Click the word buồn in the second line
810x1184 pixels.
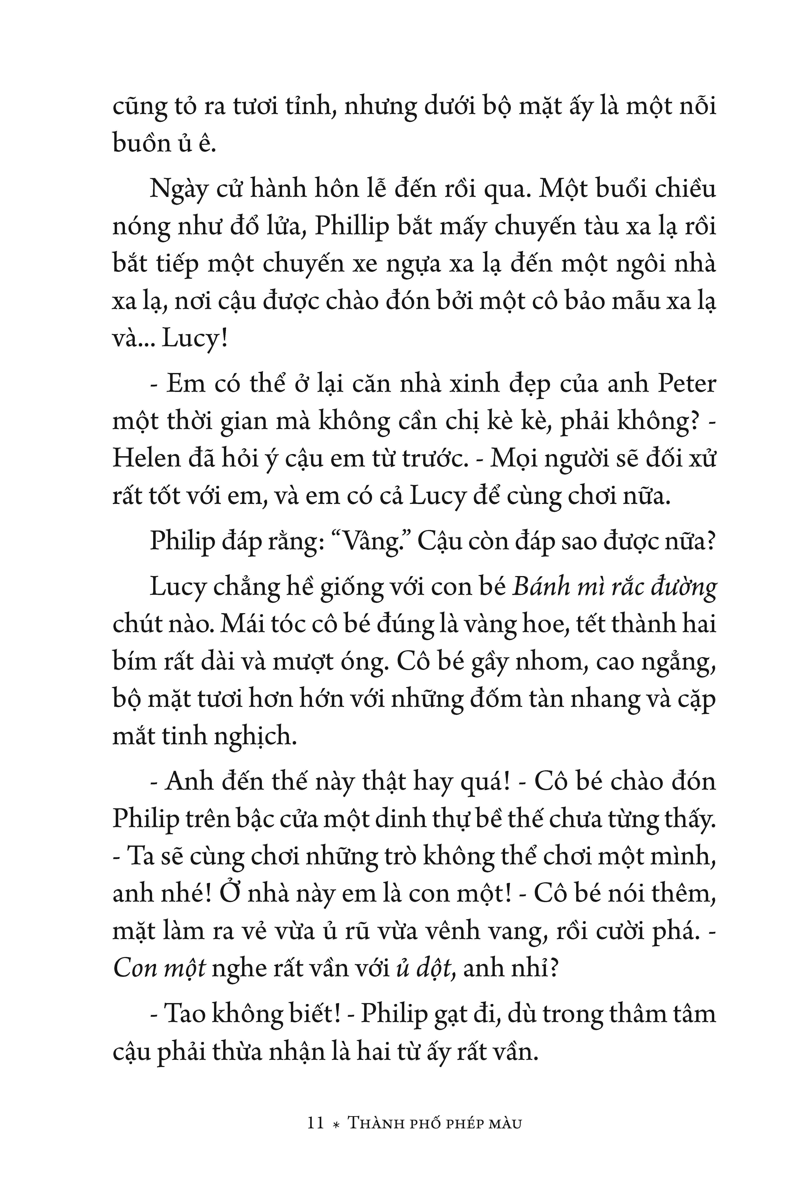pos(142,144)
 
